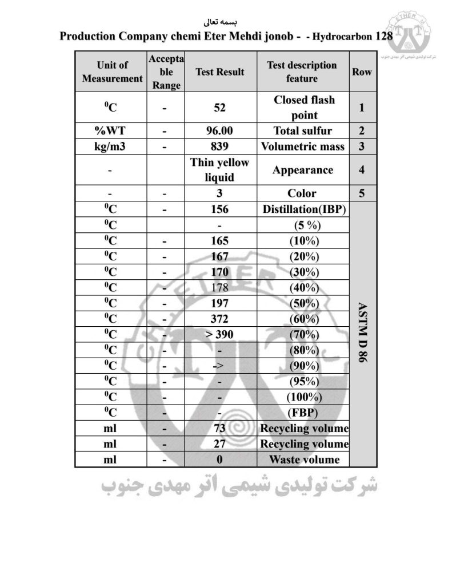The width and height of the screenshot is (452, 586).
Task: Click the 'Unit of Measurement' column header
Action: [112, 72]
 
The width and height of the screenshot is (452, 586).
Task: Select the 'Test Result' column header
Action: [219, 72]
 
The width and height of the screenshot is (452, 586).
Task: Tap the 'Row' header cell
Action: [362, 72]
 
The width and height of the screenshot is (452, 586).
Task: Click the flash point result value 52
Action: [219, 107]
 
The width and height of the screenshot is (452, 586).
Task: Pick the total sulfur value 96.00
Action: [219, 130]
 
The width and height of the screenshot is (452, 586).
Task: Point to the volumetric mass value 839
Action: [219, 146]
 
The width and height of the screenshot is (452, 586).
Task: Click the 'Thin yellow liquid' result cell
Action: [219, 169]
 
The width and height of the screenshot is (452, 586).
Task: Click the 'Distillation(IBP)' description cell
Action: [304, 209]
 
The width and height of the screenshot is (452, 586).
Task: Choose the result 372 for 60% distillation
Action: [219, 318]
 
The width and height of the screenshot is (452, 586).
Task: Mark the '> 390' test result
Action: [219, 334]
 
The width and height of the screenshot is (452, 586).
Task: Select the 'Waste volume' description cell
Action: [304, 459]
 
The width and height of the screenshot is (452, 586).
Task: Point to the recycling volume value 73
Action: [219, 428]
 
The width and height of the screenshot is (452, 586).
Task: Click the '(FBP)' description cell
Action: [304, 413]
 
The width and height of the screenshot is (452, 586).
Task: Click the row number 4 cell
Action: [362, 169]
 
